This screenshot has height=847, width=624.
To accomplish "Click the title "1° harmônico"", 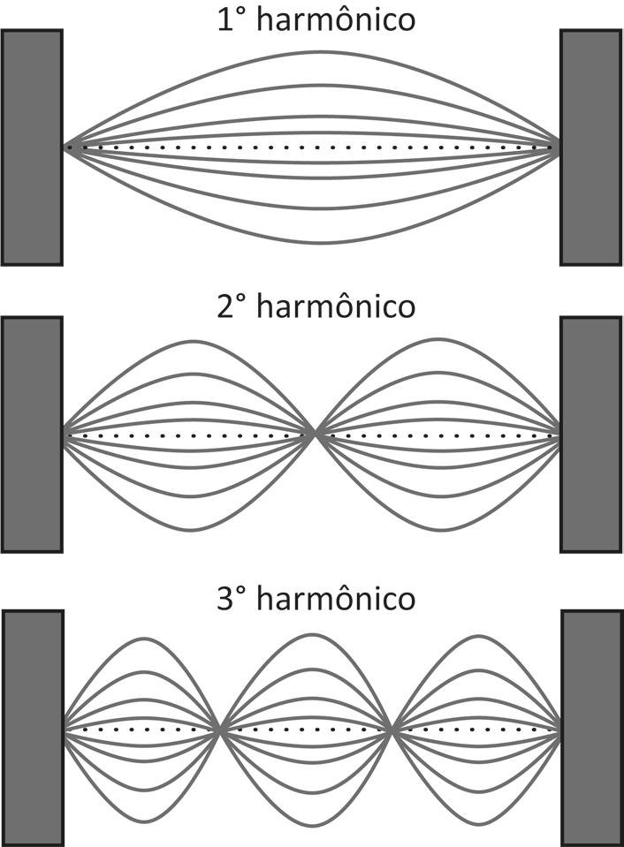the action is coord(316,20).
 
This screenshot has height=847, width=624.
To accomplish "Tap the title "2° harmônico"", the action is coord(316,306).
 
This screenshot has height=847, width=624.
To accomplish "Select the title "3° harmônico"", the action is coord(316,598).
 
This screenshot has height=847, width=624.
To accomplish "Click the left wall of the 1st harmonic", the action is coord(32,147).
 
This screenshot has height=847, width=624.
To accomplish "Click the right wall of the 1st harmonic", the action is coord(590,147).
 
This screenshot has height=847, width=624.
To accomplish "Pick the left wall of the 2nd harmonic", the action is coord(32,435).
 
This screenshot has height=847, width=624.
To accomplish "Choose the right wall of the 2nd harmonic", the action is coord(590,435).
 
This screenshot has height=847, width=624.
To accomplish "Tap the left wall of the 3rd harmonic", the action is coord(34,728).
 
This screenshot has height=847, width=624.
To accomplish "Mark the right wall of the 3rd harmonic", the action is coord(593,728).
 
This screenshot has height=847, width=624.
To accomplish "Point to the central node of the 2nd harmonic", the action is coord(316,434).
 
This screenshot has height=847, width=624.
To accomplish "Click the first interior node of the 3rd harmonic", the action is coord(219,730).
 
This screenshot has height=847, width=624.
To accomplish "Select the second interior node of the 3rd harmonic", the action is coord(392,730).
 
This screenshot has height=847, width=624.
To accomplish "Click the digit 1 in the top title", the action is coord(225,20).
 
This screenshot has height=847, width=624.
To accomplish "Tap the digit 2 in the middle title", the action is coord(225,306).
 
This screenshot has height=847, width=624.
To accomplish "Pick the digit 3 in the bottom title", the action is coord(225,598).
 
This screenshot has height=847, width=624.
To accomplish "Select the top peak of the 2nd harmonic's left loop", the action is coord(190,341).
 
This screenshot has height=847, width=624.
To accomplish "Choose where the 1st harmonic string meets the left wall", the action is coord(65,147).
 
